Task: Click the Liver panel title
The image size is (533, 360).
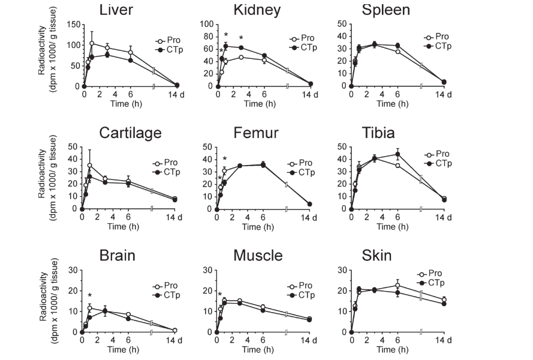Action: (x=117, y=10)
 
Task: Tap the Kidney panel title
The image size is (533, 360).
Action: (x=251, y=10)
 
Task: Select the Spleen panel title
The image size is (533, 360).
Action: (x=386, y=10)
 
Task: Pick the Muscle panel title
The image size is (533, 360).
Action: (x=257, y=256)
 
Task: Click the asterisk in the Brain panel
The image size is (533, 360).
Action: (x=89, y=296)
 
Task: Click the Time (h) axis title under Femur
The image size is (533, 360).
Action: (x=255, y=226)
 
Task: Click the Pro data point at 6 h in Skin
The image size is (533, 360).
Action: (x=398, y=286)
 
